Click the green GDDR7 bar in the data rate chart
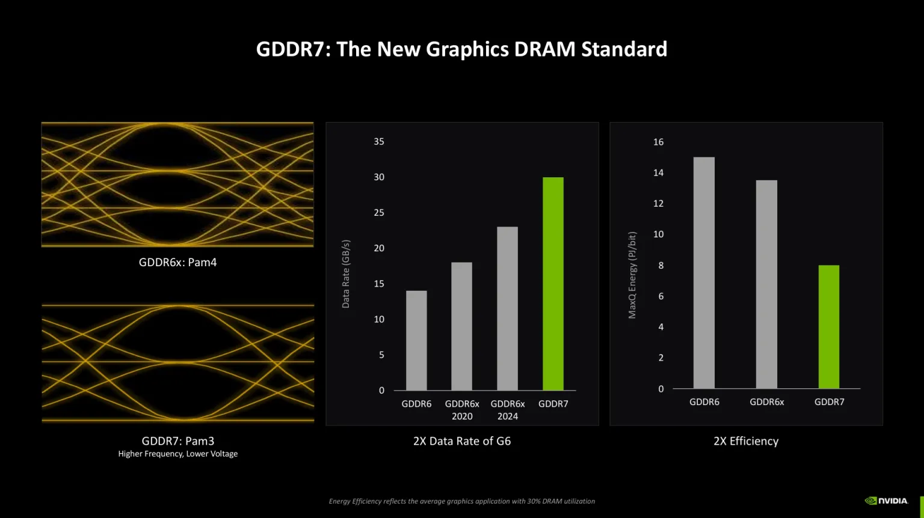[553, 284]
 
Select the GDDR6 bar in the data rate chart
[416, 340]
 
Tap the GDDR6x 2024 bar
[507, 308]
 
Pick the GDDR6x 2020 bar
[461, 326]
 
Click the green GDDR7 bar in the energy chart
[828, 327]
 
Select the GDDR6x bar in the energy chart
[766, 284]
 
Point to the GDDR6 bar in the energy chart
[704, 273]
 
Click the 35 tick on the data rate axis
[379, 142]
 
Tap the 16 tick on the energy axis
[659, 142]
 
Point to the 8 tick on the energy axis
[661, 266]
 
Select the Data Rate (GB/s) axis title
[346, 274]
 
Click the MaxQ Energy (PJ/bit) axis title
[632, 275]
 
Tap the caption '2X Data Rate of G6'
[462, 441]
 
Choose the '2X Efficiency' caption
[746, 441]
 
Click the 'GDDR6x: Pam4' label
[177, 263]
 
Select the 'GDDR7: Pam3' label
[178, 441]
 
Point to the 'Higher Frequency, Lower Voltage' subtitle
[178, 454]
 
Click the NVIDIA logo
[886, 501]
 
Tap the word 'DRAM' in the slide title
[545, 49]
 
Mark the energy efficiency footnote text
[462, 501]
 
